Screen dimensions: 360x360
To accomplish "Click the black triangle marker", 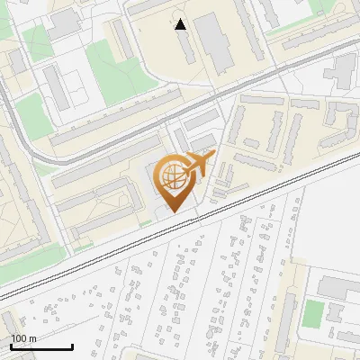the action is point(181,24).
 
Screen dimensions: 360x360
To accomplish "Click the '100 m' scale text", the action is point(24,338).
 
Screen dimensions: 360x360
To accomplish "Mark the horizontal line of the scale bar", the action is point(41,346).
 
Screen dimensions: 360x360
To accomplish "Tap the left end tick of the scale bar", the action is point(11,345).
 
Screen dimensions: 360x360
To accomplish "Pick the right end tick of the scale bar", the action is point(72,345).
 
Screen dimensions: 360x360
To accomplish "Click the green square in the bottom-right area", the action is point(313,313).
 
